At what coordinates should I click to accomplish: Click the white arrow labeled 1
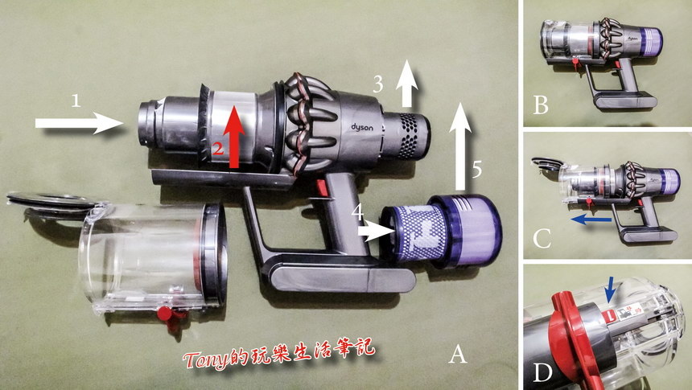point(80,123)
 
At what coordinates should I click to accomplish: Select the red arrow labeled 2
point(234,138)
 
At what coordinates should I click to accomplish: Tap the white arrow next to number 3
point(406,84)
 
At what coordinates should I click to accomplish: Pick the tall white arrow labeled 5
point(460,146)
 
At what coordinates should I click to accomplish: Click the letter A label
point(458,354)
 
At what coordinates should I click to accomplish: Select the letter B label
point(541,105)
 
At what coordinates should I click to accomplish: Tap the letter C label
point(542,239)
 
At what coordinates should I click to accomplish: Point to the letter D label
point(543,373)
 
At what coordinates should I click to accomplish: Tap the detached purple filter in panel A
point(441,231)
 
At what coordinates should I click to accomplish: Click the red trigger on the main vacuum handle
point(322,187)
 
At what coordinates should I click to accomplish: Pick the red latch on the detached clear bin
point(167,315)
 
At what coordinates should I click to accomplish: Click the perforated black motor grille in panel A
point(407,135)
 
